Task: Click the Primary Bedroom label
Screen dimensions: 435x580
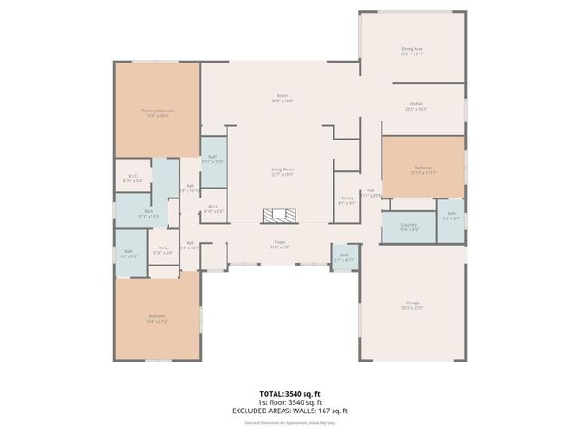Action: pyautogui.click(x=157, y=111)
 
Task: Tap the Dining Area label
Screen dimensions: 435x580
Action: pyautogui.click(x=413, y=49)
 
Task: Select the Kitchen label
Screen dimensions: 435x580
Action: pyautogui.click(x=416, y=104)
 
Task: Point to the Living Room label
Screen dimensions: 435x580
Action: pyautogui.click(x=283, y=169)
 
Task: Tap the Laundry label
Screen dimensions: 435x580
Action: pyautogui.click(x=410, y=227)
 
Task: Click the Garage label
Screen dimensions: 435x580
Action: pyautogui.click(x=412, y=304)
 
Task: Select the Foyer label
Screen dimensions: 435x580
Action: pyautogui.click(x=281, y=243)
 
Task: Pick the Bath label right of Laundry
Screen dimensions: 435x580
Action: pyautogui.click(x=450, y=216)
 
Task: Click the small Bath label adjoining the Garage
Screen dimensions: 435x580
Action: pyautogui.click(x=344, y=256)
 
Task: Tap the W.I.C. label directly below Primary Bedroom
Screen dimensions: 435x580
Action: pyautogui.click(x=132, y=178)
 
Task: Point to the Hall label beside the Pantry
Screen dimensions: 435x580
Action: pyautogui.click(x=371, y=190)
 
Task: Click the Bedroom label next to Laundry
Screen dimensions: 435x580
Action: pyautogui.click(x=423, y=169)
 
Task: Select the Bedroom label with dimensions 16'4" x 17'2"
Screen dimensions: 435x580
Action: pyautogui.click(x=158, y=318)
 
